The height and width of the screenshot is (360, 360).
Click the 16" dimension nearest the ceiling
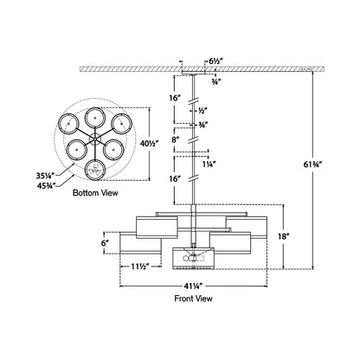(176, 99)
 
